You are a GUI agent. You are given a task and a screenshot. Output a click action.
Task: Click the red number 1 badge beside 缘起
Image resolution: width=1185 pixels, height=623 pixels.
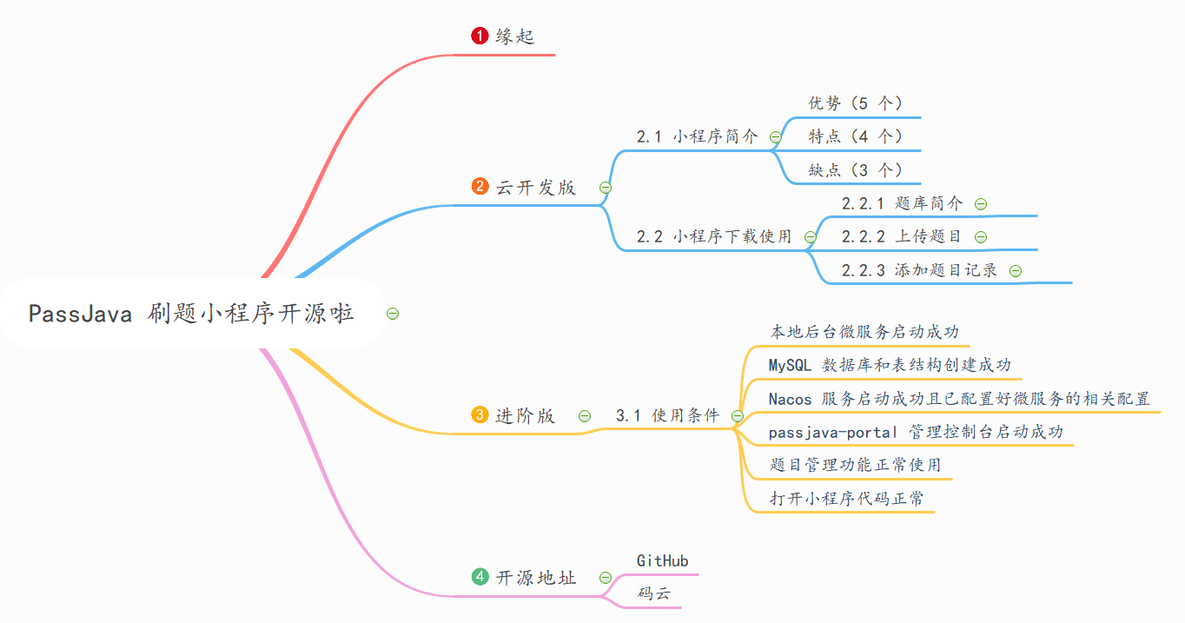(x=480, y=36)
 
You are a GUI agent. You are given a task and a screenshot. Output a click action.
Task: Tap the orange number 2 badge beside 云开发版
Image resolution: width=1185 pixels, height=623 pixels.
(x=480, y=187)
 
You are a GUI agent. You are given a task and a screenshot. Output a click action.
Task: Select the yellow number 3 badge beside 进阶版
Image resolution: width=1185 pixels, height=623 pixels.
(x=480, y=415)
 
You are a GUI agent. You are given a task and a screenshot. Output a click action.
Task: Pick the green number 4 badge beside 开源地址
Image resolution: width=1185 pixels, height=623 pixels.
(x=480, y=577)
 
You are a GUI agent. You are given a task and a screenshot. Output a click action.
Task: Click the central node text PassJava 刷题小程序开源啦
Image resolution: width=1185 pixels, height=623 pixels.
(x=191, y=314)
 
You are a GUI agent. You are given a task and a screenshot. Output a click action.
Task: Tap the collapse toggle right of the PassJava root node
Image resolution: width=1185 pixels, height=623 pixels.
(x=393, y=314)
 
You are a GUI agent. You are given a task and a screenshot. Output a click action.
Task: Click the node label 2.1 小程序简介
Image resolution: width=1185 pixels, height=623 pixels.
(x=697, y=136)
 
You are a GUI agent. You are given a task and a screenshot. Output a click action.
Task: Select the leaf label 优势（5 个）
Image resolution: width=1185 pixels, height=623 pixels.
(x=856, y=103)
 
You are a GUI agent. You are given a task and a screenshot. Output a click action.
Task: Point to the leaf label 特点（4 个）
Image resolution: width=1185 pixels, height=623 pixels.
(x=856, y=136)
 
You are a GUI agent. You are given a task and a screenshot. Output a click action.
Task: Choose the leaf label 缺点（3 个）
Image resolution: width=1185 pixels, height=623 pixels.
(x=856, y=169)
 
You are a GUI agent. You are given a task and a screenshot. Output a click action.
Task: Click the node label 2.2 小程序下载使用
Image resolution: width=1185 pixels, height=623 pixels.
(x=714, y=236)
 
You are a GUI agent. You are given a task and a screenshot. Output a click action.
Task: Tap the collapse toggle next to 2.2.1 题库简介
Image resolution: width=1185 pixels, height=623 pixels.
(x=981, y=203)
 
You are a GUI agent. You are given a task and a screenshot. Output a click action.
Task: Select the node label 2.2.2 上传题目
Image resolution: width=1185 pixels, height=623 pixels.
(x=902, y=236)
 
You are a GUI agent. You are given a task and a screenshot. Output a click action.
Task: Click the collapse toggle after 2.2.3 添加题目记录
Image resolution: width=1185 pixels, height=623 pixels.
(x=1016, y=271)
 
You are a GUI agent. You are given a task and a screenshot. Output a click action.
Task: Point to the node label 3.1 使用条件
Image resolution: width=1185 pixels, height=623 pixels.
(x=667, y=415)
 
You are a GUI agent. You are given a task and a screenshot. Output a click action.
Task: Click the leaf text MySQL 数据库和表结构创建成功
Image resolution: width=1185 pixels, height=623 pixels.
(x=890, y=365)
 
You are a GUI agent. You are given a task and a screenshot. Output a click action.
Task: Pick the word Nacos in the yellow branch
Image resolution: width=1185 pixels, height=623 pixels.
(x=790, y=399)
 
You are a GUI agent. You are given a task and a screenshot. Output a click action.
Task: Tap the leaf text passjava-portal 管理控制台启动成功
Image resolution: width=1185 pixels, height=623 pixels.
(x=916, y=432)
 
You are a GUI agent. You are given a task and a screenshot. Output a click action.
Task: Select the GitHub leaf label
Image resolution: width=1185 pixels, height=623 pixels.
(x=663, y=561)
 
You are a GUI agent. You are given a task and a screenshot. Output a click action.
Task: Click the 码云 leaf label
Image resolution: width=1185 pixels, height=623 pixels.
(x=653, y=594)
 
